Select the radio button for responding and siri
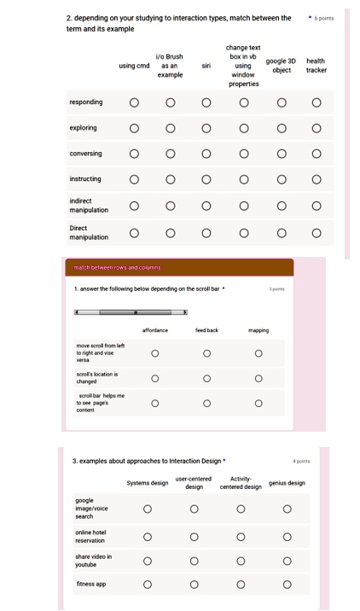point(206,103)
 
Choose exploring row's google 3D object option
point(281,129)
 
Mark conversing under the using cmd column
point(134,154)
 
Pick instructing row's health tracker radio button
point(316,180)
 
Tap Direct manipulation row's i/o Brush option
point(170,232)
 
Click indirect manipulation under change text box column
point(243,206)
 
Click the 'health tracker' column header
point(316,66)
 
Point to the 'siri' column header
point(206,66)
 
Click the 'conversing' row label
point(85,154)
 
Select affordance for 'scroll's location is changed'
point(155,379)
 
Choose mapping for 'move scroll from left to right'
point(258,353)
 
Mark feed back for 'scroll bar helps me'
point(206,404)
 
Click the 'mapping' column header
point(258,329)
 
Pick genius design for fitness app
point(287,585)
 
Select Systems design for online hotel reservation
point(148,538)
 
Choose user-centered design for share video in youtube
point(195,561)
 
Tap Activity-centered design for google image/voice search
point(241,509)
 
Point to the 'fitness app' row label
point(90,585)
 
